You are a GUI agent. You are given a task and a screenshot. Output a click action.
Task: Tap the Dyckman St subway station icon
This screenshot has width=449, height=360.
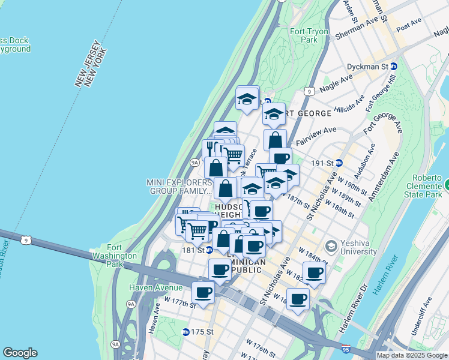click(394, 67)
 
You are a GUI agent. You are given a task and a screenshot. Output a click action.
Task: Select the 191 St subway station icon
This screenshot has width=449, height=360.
click(339, 163)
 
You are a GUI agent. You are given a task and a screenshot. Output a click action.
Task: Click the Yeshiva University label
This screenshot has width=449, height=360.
click(352, 247)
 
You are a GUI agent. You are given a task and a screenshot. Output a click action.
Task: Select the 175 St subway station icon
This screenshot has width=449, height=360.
click(186, 331)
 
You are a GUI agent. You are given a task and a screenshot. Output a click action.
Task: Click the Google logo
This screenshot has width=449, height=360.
click(20, 353)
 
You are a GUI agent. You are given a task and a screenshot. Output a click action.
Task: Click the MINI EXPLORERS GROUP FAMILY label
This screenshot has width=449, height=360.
click(179, 187)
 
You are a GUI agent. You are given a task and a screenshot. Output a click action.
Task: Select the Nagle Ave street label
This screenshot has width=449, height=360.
click(338, 83)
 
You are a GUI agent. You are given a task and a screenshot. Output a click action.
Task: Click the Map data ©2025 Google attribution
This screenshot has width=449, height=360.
click(412, 355)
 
